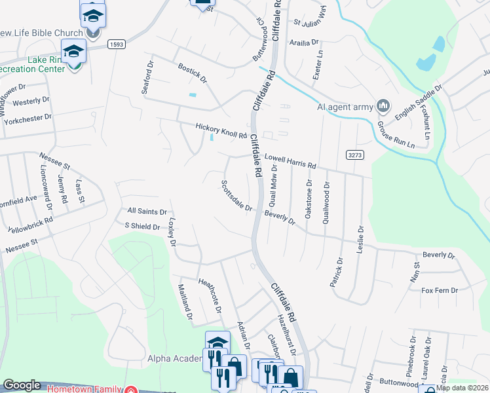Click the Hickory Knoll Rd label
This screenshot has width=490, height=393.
(220, 131)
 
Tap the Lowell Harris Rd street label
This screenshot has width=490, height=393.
(290, 161)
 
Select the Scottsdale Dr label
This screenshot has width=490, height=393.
(236, 196)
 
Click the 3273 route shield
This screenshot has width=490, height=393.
(355, 154)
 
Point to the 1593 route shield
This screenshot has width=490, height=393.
(117, 45)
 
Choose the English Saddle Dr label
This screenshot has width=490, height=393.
(419, 99)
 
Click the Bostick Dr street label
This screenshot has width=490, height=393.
(192, 73)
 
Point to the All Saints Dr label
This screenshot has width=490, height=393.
(147, 212)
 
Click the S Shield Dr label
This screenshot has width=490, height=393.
(142, 227)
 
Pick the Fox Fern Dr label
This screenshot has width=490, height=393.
(439, 290)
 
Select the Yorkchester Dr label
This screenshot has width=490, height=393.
(27, 117)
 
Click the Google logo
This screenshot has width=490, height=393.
(22, 385)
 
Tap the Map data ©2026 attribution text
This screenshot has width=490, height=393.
(462, 388)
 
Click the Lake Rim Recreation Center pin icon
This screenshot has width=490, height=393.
(74, 53)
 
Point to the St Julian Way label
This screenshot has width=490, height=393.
(310, 24)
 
